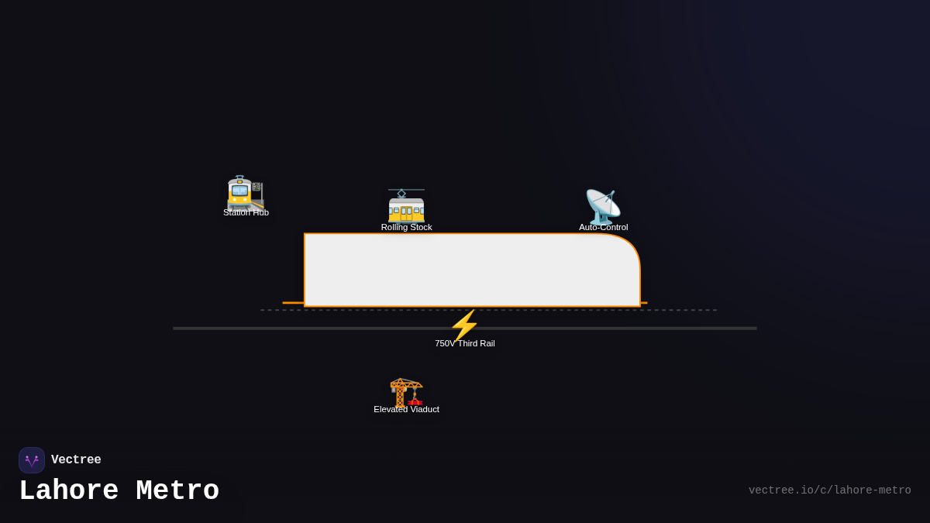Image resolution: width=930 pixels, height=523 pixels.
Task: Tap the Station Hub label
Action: tap(246, 213)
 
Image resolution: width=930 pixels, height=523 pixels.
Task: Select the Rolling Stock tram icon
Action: tap(406, 205)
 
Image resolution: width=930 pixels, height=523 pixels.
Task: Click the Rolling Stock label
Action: tap(406, 227)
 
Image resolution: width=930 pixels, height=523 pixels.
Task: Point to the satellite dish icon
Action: tap(602, 207)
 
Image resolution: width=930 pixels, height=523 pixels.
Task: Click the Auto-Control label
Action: tap(603, 227)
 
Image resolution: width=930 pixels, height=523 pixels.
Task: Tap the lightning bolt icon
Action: tap(464, 325)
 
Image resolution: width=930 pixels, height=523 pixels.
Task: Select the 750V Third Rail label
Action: tap(464, 343)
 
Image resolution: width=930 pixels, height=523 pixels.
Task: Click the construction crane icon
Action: tap(406, 392)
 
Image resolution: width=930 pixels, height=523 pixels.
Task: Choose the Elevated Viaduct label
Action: tap(406, 409)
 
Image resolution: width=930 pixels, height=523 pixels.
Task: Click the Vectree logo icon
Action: tap(32, 460)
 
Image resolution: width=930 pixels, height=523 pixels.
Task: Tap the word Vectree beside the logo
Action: tap(76, 460)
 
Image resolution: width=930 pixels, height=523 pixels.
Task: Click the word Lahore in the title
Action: tap(68, 491)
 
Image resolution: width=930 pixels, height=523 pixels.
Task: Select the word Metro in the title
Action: tap(177, 491)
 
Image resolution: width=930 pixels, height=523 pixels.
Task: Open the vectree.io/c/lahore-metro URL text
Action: tap(829, 490)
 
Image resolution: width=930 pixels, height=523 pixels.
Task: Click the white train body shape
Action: tap(457, 270)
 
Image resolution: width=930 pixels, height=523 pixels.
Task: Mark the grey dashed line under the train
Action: tap(682, 310)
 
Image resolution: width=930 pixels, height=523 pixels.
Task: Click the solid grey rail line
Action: tap(232, 329)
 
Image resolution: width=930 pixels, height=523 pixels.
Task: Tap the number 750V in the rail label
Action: tap(445, 343)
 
